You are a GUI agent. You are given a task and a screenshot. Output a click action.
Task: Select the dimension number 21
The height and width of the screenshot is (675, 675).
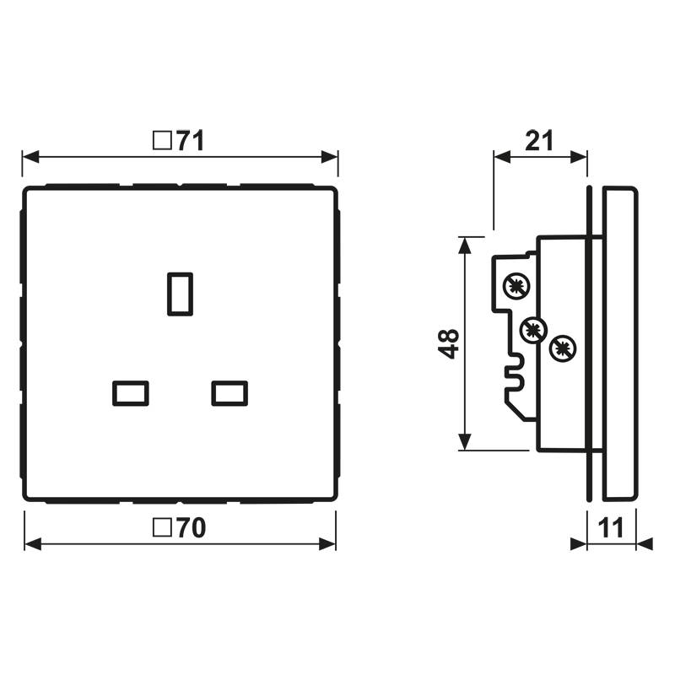539,140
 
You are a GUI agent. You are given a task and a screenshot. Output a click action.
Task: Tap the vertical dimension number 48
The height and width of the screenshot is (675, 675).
451,343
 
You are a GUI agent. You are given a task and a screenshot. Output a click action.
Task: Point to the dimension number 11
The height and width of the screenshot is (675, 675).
611,529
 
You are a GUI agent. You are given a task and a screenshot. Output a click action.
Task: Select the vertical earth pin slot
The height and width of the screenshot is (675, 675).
180,293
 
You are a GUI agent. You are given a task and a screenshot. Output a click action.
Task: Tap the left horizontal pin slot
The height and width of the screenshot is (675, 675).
131,393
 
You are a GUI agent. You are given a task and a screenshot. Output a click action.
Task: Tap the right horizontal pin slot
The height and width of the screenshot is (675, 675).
229,393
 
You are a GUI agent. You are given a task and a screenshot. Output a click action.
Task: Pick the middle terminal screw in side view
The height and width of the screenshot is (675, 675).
533,329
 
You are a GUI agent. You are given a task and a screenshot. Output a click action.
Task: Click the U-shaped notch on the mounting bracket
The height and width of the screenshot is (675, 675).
512,372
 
